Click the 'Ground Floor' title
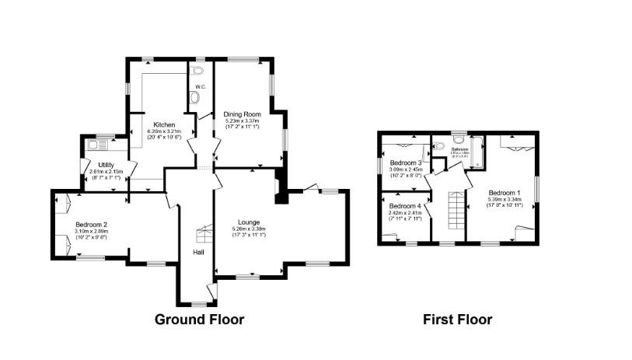(x=199, y=319)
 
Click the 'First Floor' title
(x=457, y=319)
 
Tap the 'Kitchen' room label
(x=163, y=125)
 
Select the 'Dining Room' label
(x=242, y=114)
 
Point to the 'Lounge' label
(x=250, y=222)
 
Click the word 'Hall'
(x=198, y=251)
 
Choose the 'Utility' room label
(x=105, y=164)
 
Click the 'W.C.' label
(x=200, y=86)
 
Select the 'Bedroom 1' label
(x=505, y=192)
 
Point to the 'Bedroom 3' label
(x=405, y=163)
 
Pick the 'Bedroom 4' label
(x=404, y=205)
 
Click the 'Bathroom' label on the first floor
(x=459, y=149)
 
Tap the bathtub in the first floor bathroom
(x=478, y=152)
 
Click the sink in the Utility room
(x=98, y=143)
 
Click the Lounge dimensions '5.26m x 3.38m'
(x=250, y=229)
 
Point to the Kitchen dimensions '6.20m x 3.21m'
(x=163, y=131)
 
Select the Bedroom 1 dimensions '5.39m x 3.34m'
(x=505, y=199)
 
